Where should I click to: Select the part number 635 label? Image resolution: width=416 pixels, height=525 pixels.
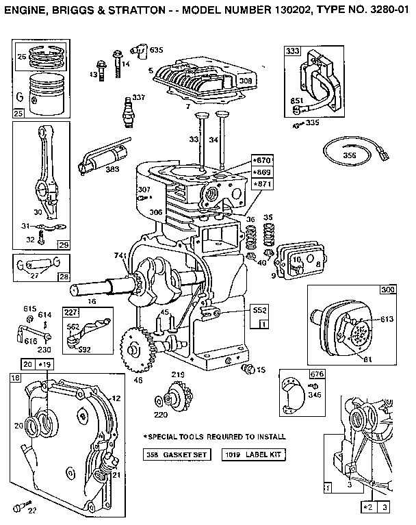coord(157,50)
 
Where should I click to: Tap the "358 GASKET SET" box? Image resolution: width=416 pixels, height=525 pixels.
coord(177,454)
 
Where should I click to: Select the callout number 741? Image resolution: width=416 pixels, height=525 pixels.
coord(122,255)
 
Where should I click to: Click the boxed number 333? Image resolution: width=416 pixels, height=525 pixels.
coord(293,51)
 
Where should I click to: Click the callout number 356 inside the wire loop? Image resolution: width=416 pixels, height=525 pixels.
coord(350,155)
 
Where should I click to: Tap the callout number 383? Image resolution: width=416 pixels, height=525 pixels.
coord(112,169)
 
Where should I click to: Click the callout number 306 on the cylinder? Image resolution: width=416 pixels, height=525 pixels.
coord(155,212)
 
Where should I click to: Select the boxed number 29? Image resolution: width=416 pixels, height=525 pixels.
coord(63,244)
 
